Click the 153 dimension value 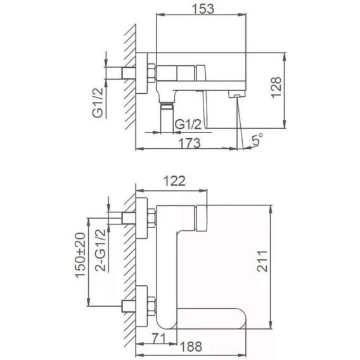[203, 9]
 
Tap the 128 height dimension [276, 87]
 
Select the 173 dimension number [190, 143]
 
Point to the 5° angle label [257, 139]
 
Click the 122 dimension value [174, 181]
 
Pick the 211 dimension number [262, 261]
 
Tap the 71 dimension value [158, 339]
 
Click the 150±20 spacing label [80, 255]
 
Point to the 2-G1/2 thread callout [101, 250]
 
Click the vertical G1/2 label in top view [98, 103]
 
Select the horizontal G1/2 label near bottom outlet [188, 124]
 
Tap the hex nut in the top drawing [151, 73]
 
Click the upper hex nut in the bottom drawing [151, 218]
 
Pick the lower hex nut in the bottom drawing [151, 306]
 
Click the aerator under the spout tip [236, 94]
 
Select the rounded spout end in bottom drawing [240, 319]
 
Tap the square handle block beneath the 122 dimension [202, 218]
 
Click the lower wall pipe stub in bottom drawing [129, 306]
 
